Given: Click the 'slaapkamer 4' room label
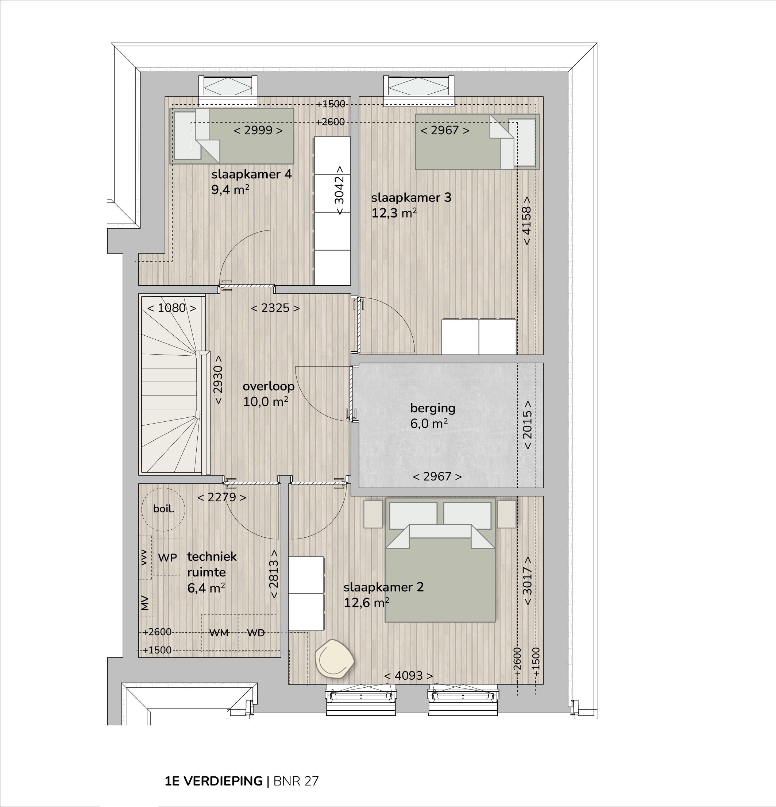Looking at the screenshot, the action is pyautogui.click(x=251, y=174).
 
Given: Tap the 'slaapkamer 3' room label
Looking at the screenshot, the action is pyautogui.click(x=411, y=198).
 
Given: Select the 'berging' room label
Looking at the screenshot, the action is pyautogui.click(x=433, y=409).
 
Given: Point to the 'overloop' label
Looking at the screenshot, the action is pyautogui.click(x=269, y=386).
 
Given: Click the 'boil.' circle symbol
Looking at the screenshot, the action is pyautogui.click(x=163, y=509).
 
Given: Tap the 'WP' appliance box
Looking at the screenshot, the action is pyautogui.click(x=167, y=557).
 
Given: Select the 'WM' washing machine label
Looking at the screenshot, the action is pyautogui.click(x=219, y=633).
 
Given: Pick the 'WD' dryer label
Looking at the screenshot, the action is pyautogui.click(x=256, y=633).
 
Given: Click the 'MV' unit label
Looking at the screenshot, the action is pyautogui.click(x=144, y=603).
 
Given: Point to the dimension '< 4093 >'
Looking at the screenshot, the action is pyautogui.click(x=408, y=676).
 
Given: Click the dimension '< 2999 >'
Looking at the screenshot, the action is pyautogui.click(x=258, y=131).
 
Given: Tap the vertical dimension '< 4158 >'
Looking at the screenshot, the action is pyautogui.click(x=526, y=221).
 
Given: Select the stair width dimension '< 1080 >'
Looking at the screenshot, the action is pyautogui.click(x=171, y=308).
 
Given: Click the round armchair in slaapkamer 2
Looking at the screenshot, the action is pyautogui.click(x=334, y=659).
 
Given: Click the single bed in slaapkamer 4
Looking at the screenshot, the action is pyautogui.click(x=232, y=136).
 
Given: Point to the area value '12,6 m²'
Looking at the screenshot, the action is pyautogui.click(x=366, y=603).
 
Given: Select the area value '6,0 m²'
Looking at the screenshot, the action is pyautogui.click(x=429, y=424).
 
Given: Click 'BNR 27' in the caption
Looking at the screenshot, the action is pyautogui.click(x=296, y=781).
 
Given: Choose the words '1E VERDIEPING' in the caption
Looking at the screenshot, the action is pyautogui.click(x=214, y=781).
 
